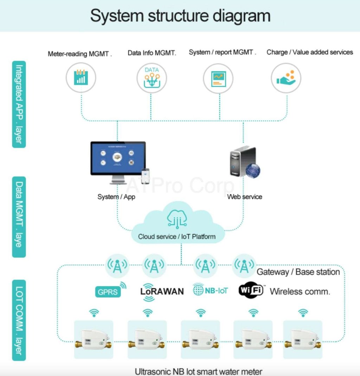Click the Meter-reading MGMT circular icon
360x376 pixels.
(81, 78)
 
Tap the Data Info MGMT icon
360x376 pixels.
(152, 78)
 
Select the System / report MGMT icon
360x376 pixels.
(218, 78)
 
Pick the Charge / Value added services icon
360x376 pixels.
(286, 78)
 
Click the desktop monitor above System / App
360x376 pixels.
(118, 160)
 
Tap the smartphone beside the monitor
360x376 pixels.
(145, 176)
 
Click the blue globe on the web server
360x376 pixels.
(252, 170)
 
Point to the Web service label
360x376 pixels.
(245, 197)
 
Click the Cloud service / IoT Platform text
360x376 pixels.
(176, 236)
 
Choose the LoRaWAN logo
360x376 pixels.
(162, 291)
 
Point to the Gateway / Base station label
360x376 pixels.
(298, 272)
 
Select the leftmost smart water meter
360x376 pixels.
(94, 339)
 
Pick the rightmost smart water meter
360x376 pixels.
(303, 339)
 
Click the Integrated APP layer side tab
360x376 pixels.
(19, 104)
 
